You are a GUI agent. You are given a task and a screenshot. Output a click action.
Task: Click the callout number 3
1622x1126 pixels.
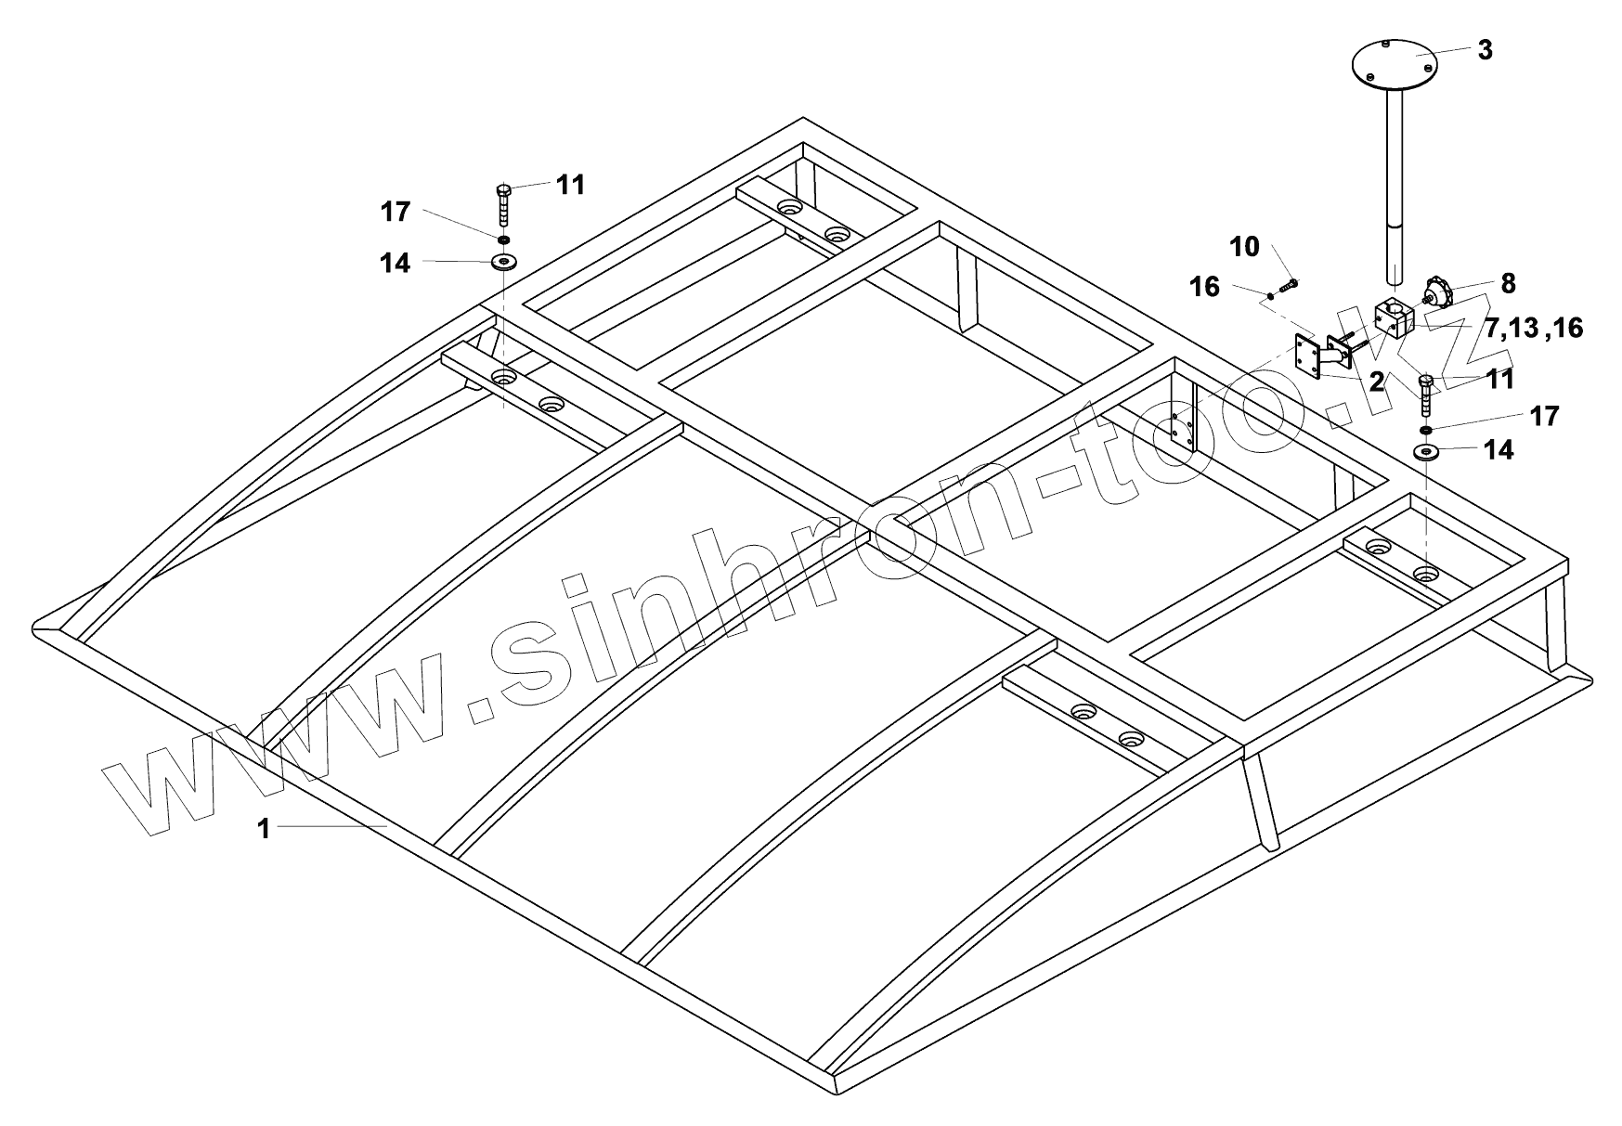pos(1485,50)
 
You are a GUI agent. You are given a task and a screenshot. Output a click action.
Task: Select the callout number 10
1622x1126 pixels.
pos(1244,247)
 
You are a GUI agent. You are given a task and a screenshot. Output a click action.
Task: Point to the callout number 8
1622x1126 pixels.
pos(1507,283)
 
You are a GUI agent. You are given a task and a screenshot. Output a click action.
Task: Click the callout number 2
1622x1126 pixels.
pos(1375,380)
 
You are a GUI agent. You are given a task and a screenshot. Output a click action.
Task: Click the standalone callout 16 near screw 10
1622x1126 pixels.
pos(1204,287)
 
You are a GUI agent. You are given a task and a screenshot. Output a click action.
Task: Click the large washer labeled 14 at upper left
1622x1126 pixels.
pos(504,262)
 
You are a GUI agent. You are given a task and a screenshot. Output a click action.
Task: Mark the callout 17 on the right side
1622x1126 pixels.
pos(1544,416)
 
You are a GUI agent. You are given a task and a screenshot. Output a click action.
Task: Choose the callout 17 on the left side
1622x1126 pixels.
pos(395,213)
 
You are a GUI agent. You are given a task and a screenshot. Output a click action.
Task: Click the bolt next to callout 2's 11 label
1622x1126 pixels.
pos(1427,395)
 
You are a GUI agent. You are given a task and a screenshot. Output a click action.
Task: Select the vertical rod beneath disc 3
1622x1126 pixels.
pos(1395,186)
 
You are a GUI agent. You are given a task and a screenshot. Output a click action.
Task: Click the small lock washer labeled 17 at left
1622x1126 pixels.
pos(502,239)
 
